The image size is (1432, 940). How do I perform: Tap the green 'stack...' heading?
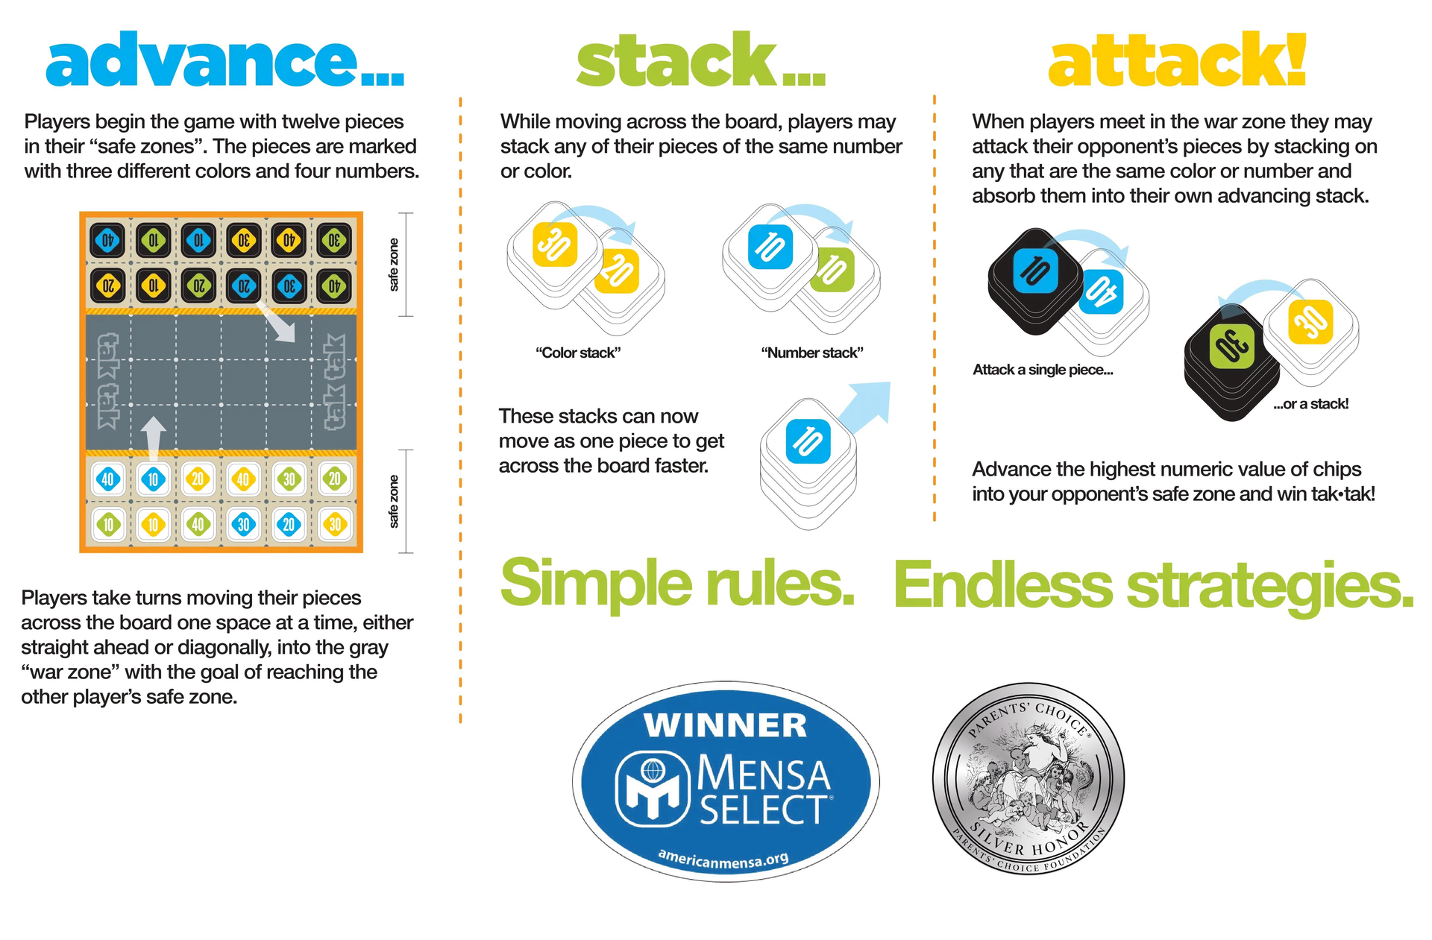[701, 61]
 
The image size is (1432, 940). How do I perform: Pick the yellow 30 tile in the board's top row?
[244, 241]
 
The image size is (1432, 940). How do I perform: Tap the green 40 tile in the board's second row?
[334, 286]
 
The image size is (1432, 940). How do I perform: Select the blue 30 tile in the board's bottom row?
[244, 524]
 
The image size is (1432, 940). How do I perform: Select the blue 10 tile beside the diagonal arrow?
[808, 440]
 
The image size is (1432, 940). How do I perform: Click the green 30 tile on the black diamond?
[1232, 347]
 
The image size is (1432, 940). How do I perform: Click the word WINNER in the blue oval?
[726, 725]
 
